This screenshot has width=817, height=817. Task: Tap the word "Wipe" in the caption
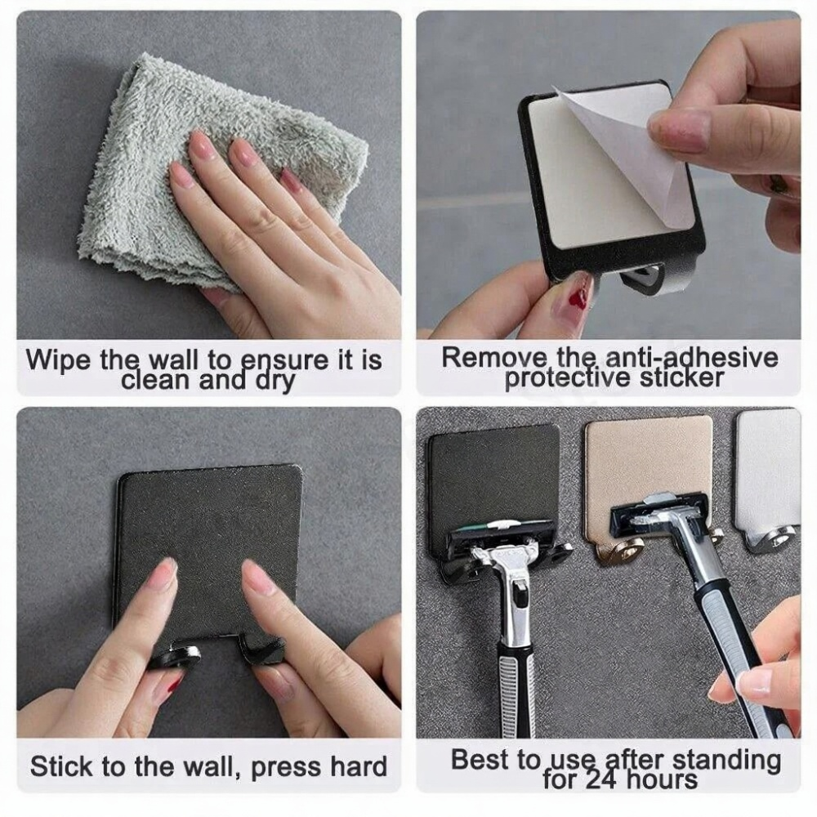tap(59, 360)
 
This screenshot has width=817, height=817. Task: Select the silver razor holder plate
tap(768, 466)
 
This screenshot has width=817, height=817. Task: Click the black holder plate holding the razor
tap(494, 474)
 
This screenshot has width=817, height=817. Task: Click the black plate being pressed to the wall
tap(208, 523)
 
